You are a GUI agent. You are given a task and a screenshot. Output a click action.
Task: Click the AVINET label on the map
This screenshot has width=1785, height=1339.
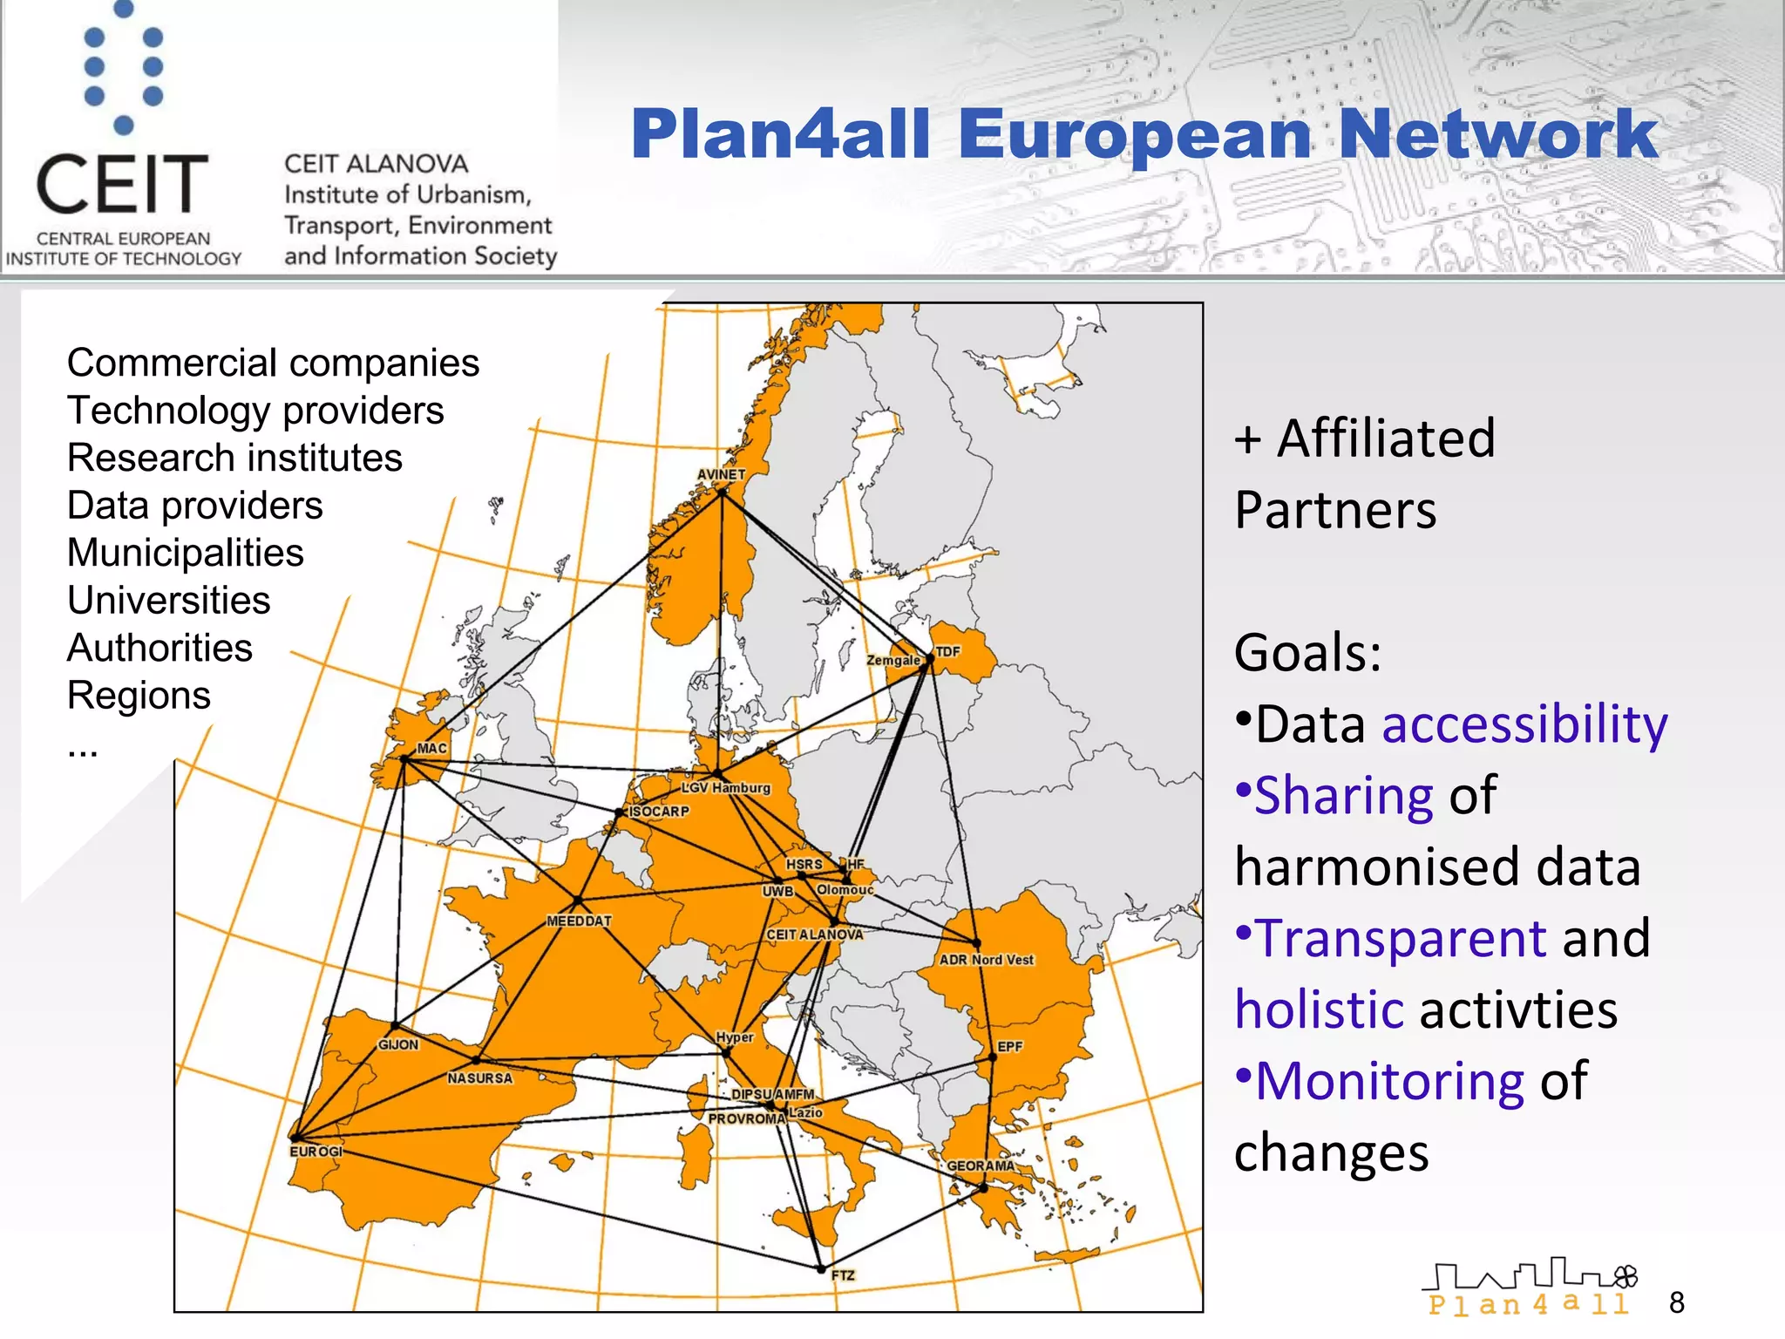pos(721,475)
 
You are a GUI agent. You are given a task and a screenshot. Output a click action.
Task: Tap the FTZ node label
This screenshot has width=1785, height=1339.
pos(843,1275)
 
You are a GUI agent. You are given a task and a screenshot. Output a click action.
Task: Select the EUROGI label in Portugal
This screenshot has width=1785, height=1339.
pos(316,1152)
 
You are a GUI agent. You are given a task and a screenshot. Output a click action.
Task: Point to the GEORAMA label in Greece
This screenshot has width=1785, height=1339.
pos(981,1166)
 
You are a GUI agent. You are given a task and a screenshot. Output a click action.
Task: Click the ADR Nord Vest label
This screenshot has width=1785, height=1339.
pos(986,960)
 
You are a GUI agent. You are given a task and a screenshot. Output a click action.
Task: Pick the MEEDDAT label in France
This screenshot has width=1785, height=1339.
pos(579,921)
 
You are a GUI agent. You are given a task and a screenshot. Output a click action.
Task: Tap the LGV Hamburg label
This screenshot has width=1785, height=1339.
pos(725,788)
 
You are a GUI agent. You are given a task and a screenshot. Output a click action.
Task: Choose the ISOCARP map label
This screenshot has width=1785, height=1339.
pos(659,812)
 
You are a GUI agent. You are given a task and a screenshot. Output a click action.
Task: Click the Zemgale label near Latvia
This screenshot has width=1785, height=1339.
pos(893,661)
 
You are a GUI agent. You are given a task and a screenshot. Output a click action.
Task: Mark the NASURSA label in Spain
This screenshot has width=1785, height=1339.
pos(480,1078)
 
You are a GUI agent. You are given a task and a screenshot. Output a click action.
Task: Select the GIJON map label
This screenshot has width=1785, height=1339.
pos(398,1044)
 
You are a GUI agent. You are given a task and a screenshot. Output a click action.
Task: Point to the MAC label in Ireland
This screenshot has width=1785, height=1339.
pos(431,749)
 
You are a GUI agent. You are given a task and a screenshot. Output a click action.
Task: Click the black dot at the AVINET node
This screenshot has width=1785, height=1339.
pos(722,493)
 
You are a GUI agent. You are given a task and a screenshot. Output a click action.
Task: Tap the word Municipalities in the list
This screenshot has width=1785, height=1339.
pos(186,553)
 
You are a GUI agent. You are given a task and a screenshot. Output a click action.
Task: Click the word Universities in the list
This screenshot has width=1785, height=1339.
pos(169,601)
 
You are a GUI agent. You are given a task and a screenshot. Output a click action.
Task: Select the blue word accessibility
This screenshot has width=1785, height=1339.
pos(1524,724)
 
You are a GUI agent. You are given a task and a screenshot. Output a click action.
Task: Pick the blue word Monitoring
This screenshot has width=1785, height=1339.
pos(1389,1081)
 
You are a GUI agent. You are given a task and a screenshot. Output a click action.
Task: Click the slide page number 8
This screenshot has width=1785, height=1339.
pos(1677,1302)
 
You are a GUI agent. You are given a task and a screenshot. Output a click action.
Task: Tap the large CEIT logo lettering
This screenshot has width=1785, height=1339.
pos(122,184)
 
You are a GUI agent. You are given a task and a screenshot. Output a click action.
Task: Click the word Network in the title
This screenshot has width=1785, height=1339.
pos(1497,134)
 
